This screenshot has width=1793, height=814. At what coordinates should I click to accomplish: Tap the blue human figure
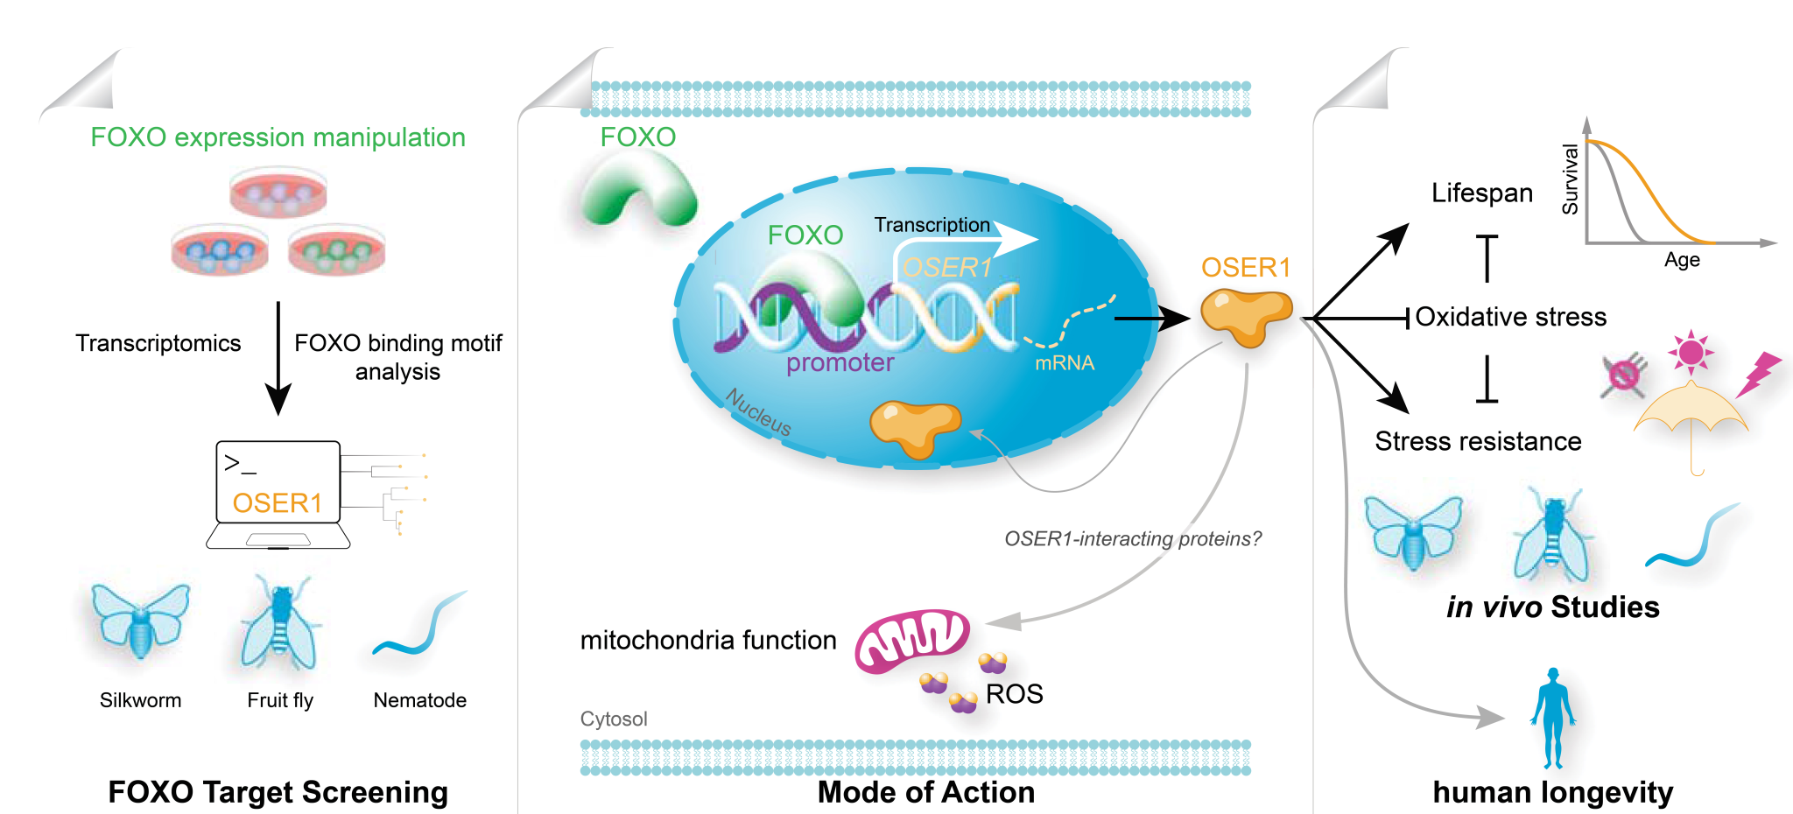tap(1553, 718)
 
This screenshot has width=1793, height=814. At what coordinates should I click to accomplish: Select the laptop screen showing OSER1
tap(278, 482)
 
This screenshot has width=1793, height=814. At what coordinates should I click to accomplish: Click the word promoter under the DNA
tap(840, 362)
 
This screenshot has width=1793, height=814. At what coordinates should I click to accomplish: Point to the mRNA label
tap(1065, 363)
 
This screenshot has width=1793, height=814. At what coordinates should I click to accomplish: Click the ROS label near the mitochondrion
tap(1014, 694)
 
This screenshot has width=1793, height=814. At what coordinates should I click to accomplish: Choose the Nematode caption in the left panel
tap(419, 700)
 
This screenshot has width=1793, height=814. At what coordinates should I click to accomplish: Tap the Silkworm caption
tap(140, 700)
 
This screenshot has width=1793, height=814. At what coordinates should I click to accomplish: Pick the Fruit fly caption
tap(280, 700)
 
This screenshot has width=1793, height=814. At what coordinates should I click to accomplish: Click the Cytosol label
tap(614, 719)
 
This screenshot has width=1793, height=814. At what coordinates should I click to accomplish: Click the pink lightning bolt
tap(1758, 374)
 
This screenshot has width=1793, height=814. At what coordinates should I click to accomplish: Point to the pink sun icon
tap(1691, 352)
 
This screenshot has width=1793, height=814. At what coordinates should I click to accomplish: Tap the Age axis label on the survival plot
tap(1682, 260)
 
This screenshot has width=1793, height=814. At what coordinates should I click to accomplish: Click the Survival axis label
tap(1571, 179)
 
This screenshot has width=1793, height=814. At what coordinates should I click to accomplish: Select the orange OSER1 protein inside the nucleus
tap(915, 427)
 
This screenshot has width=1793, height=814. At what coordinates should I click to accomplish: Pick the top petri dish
tap(278, 193)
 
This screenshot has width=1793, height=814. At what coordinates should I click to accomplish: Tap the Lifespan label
tap(1481, 193)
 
